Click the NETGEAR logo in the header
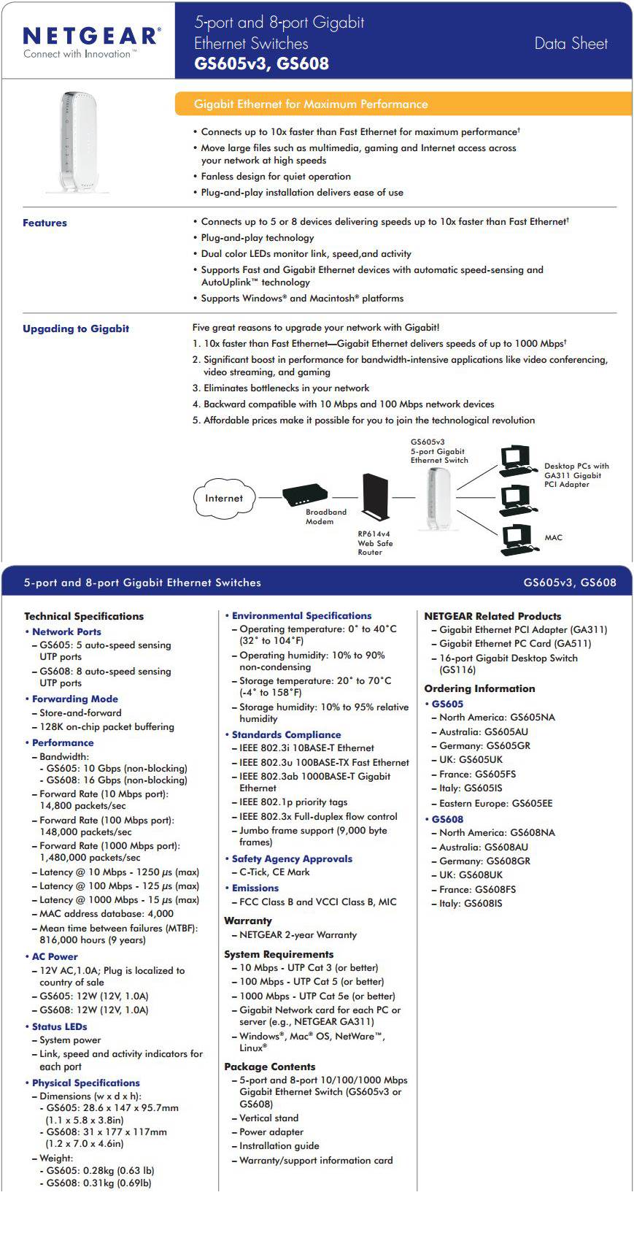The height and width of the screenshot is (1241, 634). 90,36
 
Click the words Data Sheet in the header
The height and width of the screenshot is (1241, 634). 571,44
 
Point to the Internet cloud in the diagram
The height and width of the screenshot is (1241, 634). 224,499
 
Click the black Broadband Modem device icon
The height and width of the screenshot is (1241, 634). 305,494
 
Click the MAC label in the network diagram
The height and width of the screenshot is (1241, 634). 553,538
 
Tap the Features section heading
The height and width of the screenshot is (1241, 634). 45,223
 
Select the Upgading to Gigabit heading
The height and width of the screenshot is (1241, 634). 76,328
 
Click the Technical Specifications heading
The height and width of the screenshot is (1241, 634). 84,616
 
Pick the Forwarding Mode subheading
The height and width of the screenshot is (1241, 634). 74,699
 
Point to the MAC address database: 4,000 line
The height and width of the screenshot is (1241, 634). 107,913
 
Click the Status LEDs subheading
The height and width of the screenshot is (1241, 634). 59,1026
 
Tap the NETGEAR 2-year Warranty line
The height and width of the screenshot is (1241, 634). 298,935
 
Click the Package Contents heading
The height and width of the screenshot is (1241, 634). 269,1067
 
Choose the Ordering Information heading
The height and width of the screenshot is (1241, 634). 479,688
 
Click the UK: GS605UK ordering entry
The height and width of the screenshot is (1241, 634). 471,760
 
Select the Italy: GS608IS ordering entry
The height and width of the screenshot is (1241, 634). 471,904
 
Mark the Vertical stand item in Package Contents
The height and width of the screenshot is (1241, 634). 268,1118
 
